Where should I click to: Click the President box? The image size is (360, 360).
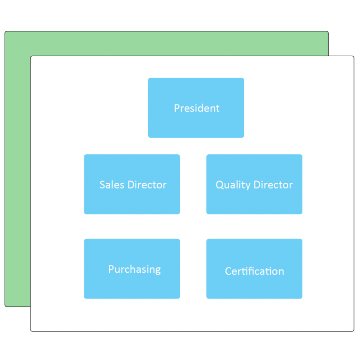coord(196,108)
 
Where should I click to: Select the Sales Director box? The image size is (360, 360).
coord(132,184)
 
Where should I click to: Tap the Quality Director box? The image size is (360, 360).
coord(255,184)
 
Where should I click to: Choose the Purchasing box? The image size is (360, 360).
coord(132,269)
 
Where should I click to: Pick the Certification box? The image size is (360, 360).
coord(255,269)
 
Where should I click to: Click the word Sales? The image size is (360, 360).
coord(112,185)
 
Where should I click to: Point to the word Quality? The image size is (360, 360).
coord(233,185)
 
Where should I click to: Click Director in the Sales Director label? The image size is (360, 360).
coord(147,185)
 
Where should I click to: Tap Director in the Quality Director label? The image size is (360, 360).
coord(273,185)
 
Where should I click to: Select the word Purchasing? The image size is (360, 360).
coord(135,270)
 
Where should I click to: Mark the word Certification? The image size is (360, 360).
coord(255,271)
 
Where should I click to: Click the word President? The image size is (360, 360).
coord(197,108)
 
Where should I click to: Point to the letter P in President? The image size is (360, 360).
coord(177,108)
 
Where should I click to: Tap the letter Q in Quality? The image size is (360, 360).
coord(220,185)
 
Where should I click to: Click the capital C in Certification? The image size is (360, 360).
coord(228,271)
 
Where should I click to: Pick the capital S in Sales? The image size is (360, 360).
coord(102,185)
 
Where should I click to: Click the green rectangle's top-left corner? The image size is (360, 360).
coord(5,31)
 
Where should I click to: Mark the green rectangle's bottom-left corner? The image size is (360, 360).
coord(5,307)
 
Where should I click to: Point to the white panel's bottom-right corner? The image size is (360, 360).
coord(354,331)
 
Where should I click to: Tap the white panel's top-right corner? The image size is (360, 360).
coord(354,56)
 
